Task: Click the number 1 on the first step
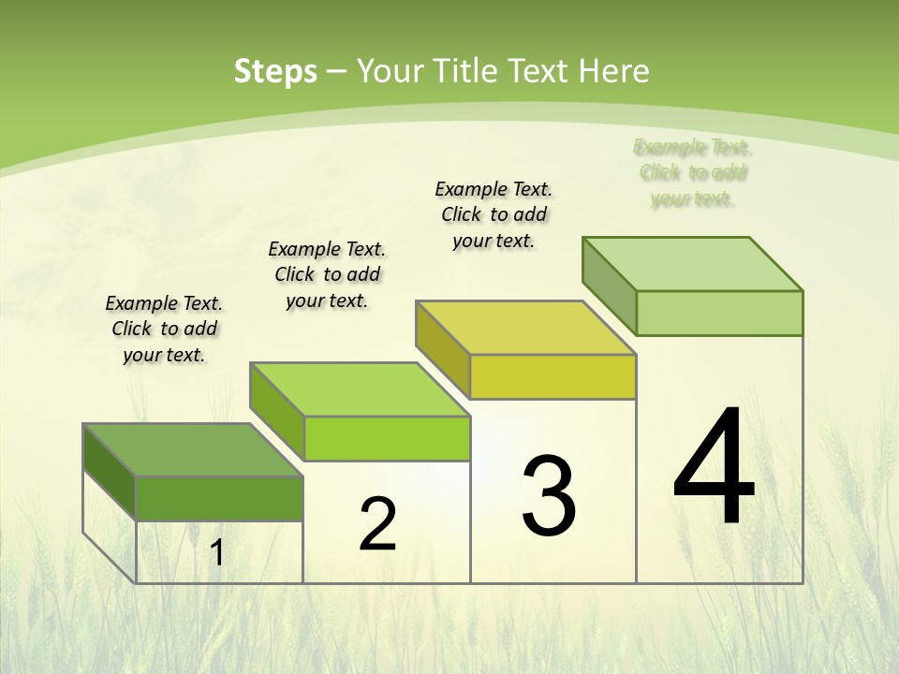click(217, 552)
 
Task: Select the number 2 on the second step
click(377, 524)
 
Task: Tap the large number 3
click(549, 496)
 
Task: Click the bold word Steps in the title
click(275, 71)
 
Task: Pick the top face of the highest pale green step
click(692, 264)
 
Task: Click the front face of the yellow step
click(553, 377)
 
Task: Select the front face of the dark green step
click(219, 498)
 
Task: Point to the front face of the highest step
click(719, 313)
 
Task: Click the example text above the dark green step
click(164, 329)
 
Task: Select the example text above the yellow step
click(494, 214)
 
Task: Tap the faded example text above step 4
click(693, 172)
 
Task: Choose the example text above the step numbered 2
click(327, 274)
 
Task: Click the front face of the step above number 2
click(387, 438)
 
